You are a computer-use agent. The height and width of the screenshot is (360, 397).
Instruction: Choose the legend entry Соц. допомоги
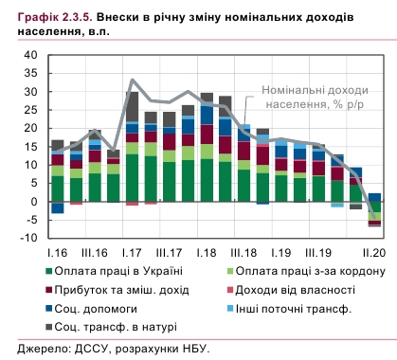click(x=99, y=308)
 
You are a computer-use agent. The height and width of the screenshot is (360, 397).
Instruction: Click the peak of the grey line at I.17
click(x=132, y=81)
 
